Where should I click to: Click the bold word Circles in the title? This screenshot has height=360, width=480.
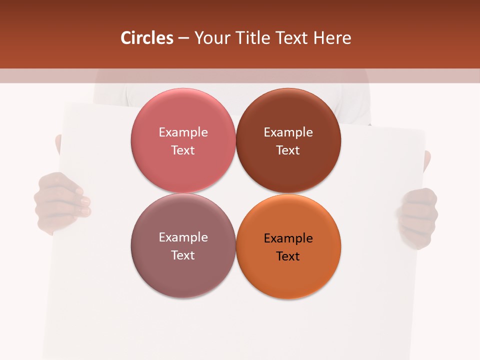pyautogui.click(x=146, y=38)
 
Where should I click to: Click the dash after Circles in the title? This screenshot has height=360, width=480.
pyautogui.click(x=183, y=38)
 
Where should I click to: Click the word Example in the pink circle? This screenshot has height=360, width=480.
pyautogui.click(x=183, y=132)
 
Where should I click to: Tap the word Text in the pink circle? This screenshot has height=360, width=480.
pyautogui.click(x=183, y=150)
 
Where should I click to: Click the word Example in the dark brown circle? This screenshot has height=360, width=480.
pyautogui.click(x=288, y=132)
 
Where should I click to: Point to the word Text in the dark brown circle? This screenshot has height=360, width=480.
pyautogui.click(x=288, y=150)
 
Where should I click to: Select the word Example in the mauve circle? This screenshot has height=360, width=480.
pyautogui.click(x=183, y=237)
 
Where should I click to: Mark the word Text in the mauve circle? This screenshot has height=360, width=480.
pyautogui.click(x=183, y=255)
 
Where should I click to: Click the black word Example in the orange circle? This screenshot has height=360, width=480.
pyautogui.click(x=288, y=238)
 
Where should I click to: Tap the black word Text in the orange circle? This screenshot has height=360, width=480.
pyautogui.click(x=288, y=256)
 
